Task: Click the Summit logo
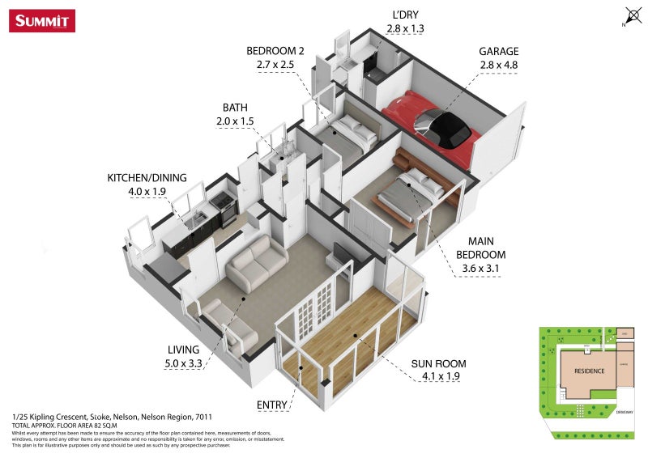point(42,20)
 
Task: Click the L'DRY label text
point(405,15)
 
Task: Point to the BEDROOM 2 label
point(275,50)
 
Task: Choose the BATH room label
point(235,107)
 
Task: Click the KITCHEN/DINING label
point(147,177)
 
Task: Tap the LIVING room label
point(183,349)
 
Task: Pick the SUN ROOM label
point(439,363)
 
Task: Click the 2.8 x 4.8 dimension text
point(498,64)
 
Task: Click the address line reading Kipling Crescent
point(113,417)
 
